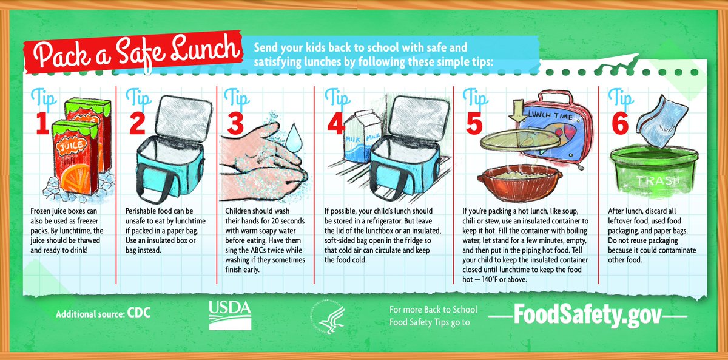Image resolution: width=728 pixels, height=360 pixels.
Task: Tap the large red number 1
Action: coord(41,124)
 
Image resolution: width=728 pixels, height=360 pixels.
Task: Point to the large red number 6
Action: coord(619,124)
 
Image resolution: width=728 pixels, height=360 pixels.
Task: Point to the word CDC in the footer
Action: coord(139,314)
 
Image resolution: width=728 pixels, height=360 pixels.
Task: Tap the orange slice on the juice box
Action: coord(67,173)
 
